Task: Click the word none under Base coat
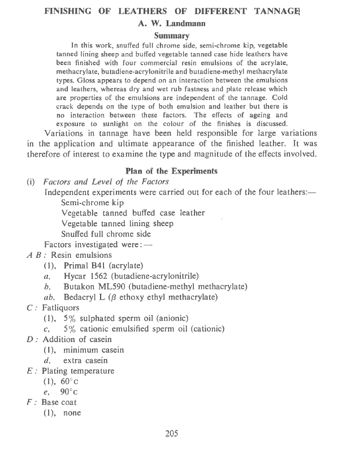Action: (x=73, y=413)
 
